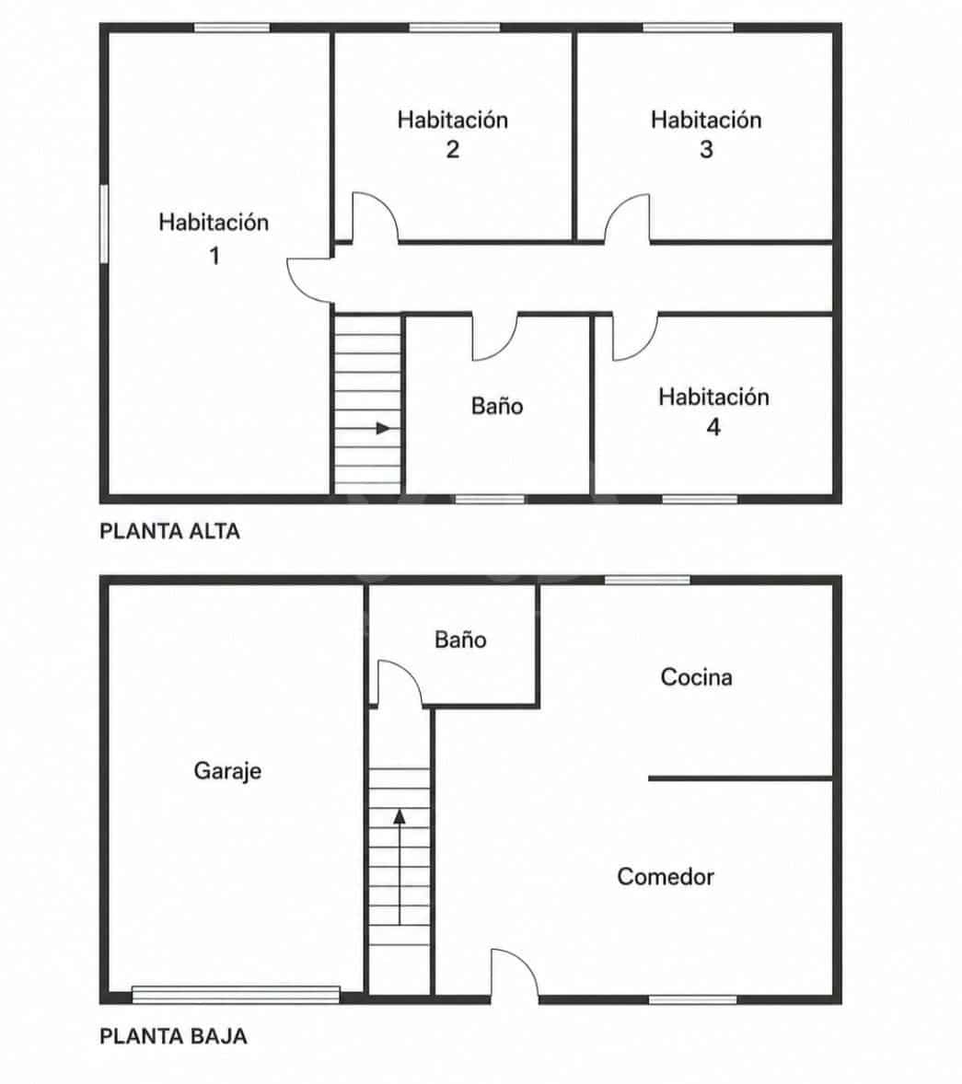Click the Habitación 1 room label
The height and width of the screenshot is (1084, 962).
(214, 238)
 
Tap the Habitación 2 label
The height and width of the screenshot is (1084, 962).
(453, 134)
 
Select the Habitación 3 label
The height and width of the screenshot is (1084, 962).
(706, 134)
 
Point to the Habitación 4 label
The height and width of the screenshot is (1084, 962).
(713, 411)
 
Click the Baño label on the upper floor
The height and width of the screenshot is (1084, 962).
(497, 406)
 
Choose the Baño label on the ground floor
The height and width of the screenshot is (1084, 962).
(460, 640)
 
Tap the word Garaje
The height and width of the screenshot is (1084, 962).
(227, 771)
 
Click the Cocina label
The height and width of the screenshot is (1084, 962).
(697, 676)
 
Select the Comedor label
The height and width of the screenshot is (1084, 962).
(666, 877)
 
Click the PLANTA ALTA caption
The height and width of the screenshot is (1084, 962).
(170, 531)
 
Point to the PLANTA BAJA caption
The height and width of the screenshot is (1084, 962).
(174, 1036)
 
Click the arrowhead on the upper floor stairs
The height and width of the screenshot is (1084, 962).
(383, 429)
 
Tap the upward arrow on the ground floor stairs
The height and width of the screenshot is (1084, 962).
(400, 867)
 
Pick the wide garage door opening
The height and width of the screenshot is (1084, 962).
(236, 995)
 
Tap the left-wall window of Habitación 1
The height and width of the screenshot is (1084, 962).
(104, 224)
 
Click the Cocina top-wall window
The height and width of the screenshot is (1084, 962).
(647, 580)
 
